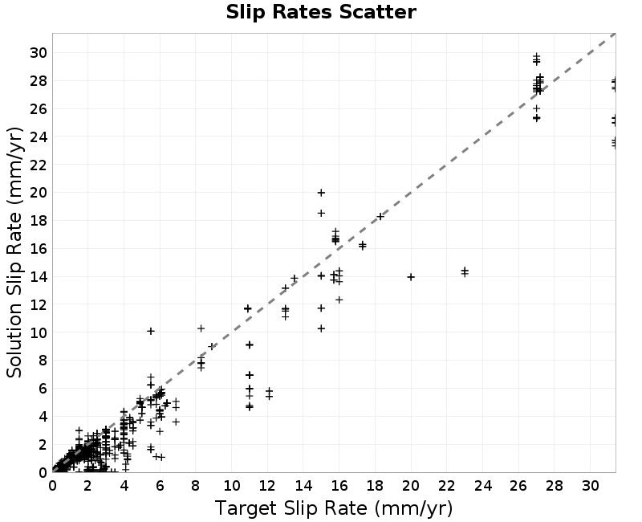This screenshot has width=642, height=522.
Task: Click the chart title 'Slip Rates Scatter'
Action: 321,12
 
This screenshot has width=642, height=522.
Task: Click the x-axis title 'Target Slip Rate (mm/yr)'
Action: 334,508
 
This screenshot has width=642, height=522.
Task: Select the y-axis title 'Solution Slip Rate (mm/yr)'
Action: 14,252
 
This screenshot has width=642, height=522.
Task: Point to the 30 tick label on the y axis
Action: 39,52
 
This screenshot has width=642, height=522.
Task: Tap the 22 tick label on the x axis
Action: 447,486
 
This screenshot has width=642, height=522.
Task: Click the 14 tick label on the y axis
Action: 39,276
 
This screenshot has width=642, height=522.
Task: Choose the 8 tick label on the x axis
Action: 196,486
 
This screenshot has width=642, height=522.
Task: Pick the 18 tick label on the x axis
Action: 375,486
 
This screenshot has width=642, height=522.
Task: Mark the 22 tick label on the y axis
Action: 39,165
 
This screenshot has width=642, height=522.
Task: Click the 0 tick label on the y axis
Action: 43,472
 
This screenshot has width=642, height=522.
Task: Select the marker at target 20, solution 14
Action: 411,277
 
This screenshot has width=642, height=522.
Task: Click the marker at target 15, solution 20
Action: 322,193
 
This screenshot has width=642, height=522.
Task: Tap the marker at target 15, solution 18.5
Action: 322,213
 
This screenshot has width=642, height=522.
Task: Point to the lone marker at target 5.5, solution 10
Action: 151,331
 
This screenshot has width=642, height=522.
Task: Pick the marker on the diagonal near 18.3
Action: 380,216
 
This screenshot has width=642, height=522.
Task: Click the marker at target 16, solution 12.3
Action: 339,300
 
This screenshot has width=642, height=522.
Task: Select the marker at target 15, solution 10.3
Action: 322,328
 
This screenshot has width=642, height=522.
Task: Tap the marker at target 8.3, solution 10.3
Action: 201,328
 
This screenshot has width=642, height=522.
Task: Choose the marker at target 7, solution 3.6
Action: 176,422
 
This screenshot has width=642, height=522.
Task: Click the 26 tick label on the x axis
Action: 518,486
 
